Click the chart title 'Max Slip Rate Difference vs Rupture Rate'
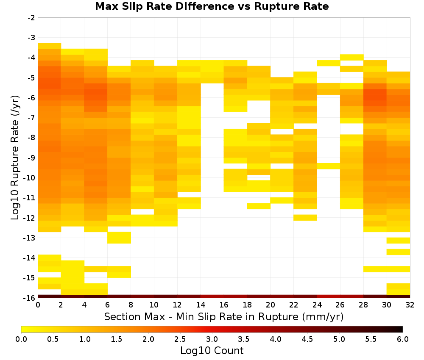pyautogui.click(x=212, y=6)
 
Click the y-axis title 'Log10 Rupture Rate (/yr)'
pyautogui.click(x=15, y=158)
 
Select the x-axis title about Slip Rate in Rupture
pyautogui.click(x=223, y=316)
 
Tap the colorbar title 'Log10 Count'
pyautogui.click(x=212, y=351)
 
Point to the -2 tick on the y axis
pyautogui.click(x=31, y=18)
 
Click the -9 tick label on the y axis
pyautogui.click(x=31, y=158)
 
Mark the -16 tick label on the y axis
pyautogui.click(x=30, y=298)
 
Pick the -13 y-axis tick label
pyautogui.click(x=30, y=238)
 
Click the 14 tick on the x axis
pyautogui.click(x=201, y=305)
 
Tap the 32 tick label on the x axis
pyautogui.click(x=410, y=305)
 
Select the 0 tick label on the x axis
pyautogui.click(x=38, y=305)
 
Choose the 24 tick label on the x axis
pyautogui.click(x=317, y=305)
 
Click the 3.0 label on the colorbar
pyautogui.click(x=212, y=339)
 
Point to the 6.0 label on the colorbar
pyautogui.click(x=403, y=339)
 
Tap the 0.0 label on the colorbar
pyautogui.click(x=21, y=339)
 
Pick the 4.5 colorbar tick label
pyautogui.click(x=307, y=339)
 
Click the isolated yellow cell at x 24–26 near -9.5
pyautogui.click(x=328, y=166)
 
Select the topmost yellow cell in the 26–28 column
pyautogui.click(x=351, y=57)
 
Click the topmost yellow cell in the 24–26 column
pyautogui.click(x=328, y=63)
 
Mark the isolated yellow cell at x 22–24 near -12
pyautogui.click(x=305, y=217)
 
